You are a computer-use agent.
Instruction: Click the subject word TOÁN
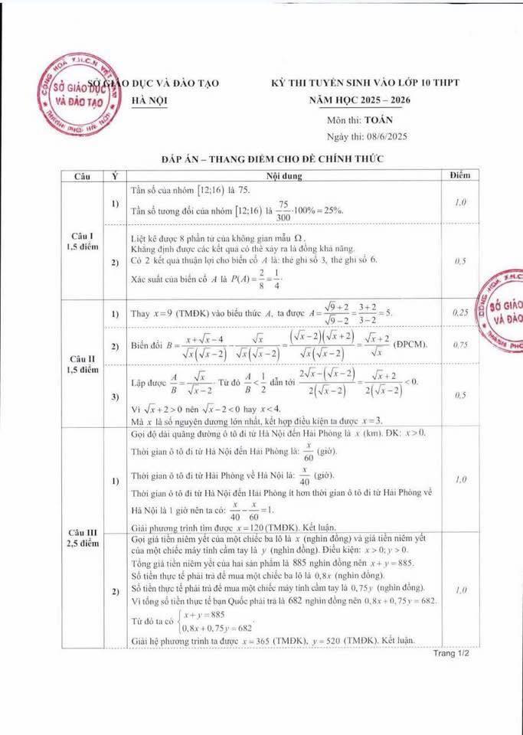[379, 121]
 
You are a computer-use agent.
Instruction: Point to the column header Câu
[82, 176]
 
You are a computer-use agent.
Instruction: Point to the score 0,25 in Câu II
[460, 313]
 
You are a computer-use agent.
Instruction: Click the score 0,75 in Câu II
[460, 345]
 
